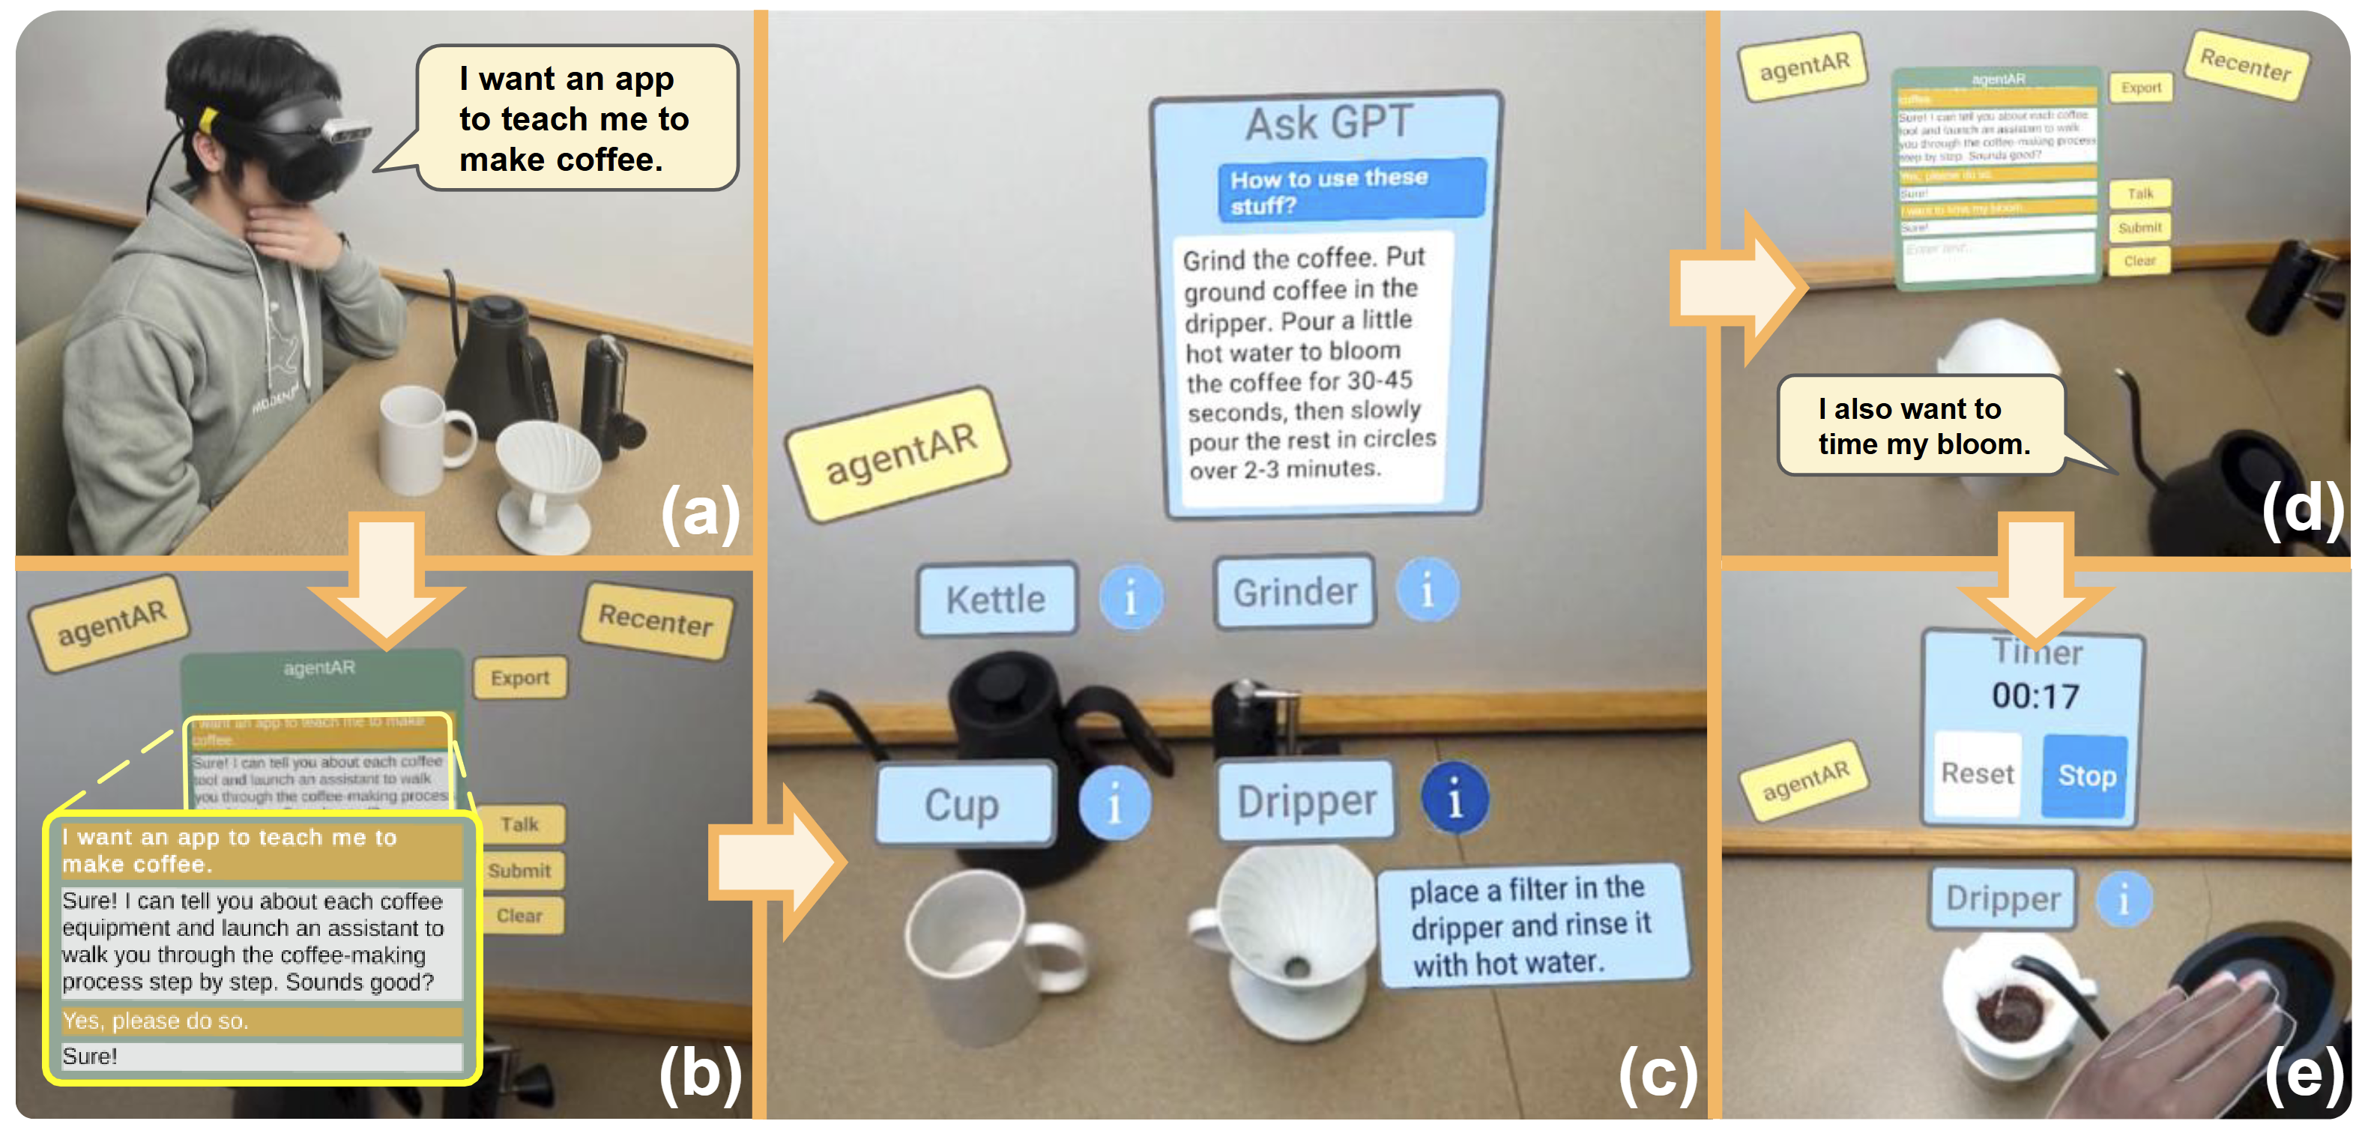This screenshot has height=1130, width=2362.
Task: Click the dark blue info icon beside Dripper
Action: click(1455, 798)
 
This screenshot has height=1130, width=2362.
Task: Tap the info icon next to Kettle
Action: click(1131, 597)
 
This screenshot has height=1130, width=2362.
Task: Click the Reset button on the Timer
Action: click(1977, 773)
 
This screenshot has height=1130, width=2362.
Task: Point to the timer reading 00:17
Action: click(2035, 696)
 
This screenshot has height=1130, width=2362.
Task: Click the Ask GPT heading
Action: click(1328, 123)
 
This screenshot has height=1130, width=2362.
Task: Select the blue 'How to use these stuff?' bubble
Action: click(1350, 190)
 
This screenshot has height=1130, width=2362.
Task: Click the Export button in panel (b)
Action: click(519, 678)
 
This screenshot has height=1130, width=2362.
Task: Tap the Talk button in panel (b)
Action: click(519, 824)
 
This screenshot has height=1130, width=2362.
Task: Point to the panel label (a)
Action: click(700, 512)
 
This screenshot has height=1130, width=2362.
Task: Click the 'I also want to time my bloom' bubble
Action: click(1923, 426)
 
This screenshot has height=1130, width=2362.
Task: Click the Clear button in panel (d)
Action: click(2139, 261)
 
